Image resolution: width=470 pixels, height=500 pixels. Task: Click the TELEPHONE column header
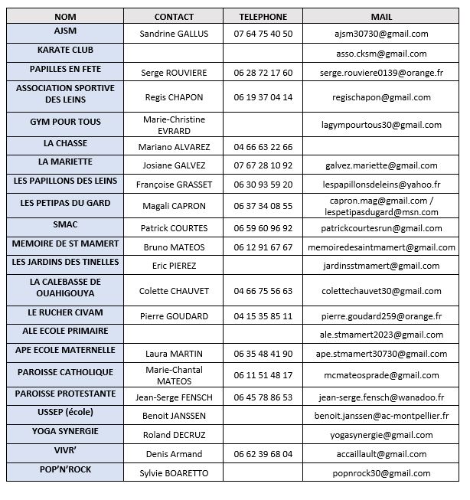pos(263,16)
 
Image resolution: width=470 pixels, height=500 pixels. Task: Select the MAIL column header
pos(381,16)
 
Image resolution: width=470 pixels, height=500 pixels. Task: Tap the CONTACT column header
pos(174,16)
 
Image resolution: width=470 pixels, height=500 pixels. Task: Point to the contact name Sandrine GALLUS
pos(174,34)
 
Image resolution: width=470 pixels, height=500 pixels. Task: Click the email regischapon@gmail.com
pos(381,97)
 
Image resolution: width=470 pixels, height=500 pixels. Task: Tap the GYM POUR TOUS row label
pos(65,122)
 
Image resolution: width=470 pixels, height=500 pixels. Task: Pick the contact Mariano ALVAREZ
pos(174,147)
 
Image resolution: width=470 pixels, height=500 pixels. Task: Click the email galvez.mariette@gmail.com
pos(381,165)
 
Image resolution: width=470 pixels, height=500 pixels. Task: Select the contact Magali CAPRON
pos(174,206)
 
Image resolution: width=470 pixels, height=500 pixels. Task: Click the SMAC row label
pos(65,224)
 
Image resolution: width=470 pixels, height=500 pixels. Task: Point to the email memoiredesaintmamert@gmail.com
pos(381,247)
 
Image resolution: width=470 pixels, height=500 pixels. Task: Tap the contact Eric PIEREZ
pos(174,266)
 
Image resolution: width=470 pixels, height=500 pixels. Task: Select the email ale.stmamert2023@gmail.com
pos(381,335)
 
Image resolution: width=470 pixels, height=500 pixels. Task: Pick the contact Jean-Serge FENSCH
pos(174,397)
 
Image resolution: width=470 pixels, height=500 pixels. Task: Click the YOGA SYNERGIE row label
pos(65,431)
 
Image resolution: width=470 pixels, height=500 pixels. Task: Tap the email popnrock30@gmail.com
pos(381,473)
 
